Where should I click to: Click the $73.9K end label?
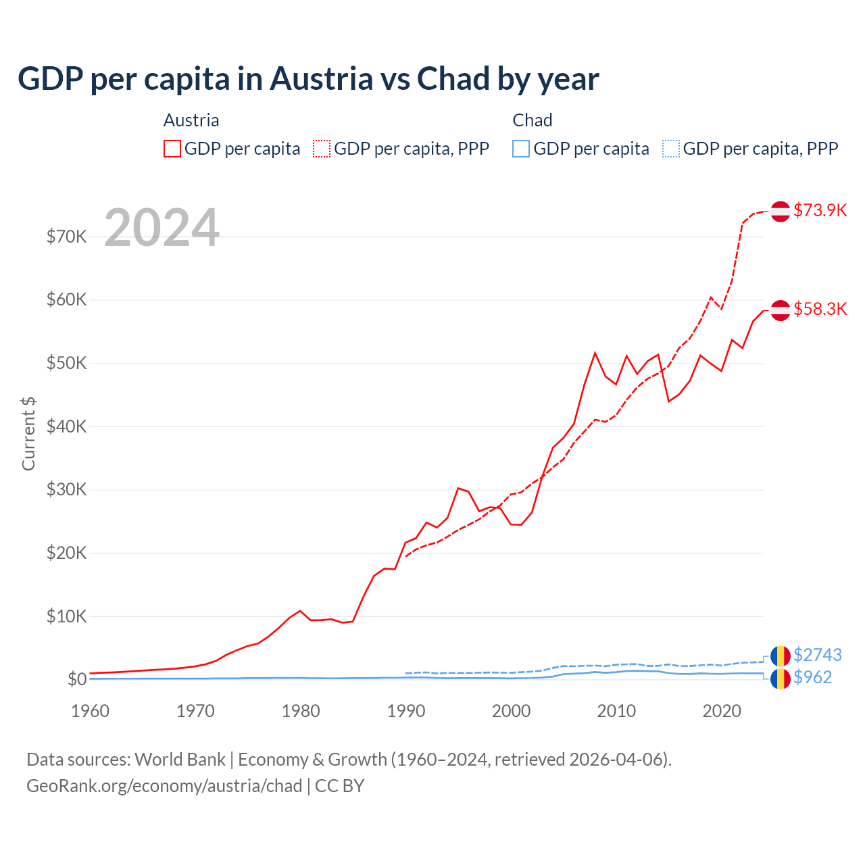tap(820, 210)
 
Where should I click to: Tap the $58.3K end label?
tap(820, 309)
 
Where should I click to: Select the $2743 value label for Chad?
tap(818, 655)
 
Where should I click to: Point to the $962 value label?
tap(813, 677)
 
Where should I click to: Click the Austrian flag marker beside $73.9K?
tap(781, 211)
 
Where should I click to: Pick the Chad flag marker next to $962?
tap(781, 678)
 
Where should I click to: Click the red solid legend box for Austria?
tap(172, 149)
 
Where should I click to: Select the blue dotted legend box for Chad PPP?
tap(671, 149)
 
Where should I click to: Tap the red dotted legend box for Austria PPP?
tap(322, 149)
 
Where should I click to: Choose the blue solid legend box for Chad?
tap(521, 149)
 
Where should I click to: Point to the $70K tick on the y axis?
tap(67, 237)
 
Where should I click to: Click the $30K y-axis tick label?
tap(67, 489)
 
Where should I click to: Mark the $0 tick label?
tap(77, 679)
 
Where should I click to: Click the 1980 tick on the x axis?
tap(301, 711)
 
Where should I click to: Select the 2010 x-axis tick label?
tap(616, 711)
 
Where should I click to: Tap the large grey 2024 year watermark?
tap(162, 228)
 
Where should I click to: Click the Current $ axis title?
tap(28, 434)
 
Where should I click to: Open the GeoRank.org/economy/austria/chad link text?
tap(164, 786)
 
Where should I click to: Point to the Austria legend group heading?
tap(191, 120)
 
